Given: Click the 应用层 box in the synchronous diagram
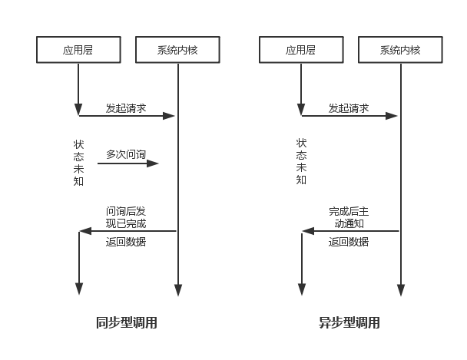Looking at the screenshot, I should point(79,51).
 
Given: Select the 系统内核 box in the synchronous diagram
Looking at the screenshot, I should point(177,51).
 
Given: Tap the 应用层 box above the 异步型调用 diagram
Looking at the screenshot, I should point(301,51).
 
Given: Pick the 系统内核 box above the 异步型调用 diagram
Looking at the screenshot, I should point(400,51).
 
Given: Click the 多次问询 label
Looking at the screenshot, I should point(126,154).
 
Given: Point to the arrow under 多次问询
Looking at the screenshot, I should point(128,163).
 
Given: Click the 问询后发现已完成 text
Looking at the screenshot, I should point(126,217).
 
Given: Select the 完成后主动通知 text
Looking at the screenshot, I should point(349,217).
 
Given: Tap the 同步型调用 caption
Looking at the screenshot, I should point(127,323).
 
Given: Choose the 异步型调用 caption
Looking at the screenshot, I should point(349,323).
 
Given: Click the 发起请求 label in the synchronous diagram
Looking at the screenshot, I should point(126,108).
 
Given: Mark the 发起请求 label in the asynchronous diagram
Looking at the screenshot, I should point(349,108).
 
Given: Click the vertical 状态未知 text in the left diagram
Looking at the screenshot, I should point(79,162).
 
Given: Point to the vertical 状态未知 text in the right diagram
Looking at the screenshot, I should point(301,162).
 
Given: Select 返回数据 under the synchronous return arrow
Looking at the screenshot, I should point(126,242).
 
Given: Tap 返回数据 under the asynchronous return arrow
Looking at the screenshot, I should point(349,242).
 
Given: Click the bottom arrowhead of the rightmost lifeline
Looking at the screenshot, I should point(400,291).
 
